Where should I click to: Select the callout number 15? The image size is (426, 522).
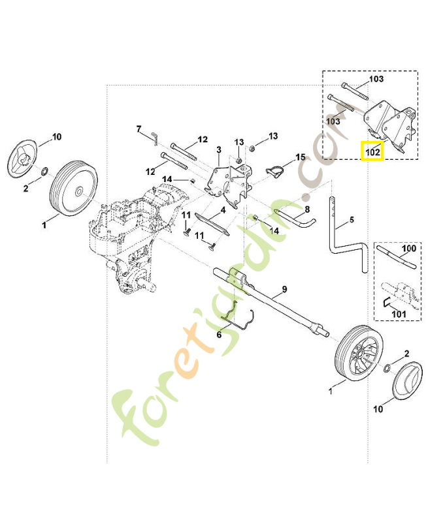pos(301,157)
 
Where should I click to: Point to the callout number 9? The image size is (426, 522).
pos(284,288)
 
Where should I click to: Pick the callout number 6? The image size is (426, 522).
pos(220,334)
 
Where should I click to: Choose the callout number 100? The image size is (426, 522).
pos(408,249)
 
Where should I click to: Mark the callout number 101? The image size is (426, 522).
pos(399,314)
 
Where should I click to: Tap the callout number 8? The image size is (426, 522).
pos(306,209)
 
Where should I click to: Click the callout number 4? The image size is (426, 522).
pos(223,209)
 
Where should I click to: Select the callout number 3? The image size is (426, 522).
pos(218,150)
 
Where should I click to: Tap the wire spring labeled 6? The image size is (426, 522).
pos(238,320)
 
